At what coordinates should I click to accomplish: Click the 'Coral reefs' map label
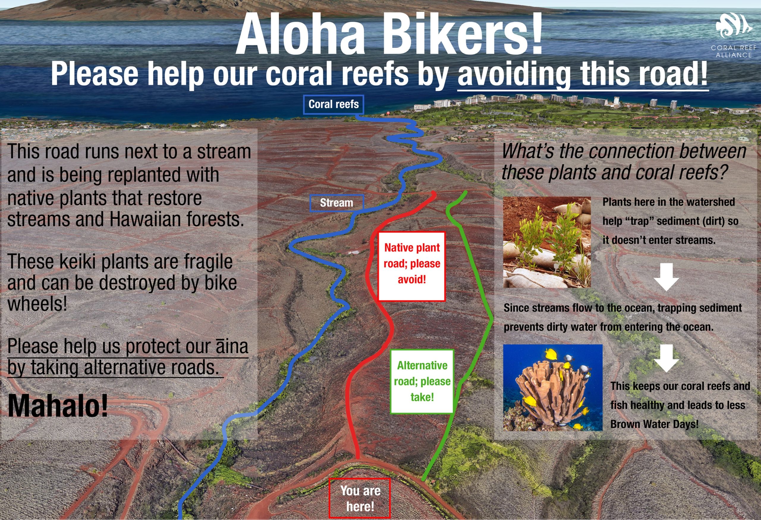pos(333,105)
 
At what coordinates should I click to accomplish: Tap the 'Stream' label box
pos(337,203)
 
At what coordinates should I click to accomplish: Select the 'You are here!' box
pos(360,498)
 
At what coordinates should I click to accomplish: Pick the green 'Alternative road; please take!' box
pos(422,381)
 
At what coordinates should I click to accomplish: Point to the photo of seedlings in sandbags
pos(547,242)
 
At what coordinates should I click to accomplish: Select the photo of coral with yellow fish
pos(553,388)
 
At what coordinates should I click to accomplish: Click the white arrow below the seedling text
pos(666,277)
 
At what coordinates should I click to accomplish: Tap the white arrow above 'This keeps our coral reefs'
pos(666,358)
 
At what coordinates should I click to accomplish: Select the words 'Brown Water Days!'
pos(654,424)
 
